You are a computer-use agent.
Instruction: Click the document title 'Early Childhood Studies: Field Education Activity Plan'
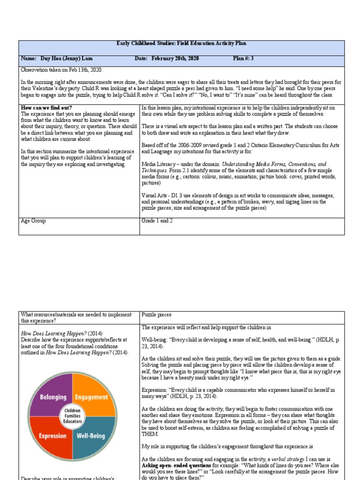click(x=181, y=44)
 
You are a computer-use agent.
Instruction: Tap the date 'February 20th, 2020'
click(x=174, y=58)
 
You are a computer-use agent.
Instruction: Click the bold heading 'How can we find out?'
click(x=46, y=108)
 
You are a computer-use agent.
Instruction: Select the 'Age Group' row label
click(x=33, y=220)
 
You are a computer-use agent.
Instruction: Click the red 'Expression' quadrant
click(x=52, y=435)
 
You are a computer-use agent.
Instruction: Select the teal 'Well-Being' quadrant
click(x=92, y=435)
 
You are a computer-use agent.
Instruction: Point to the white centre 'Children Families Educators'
click(x=73, y=416)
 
